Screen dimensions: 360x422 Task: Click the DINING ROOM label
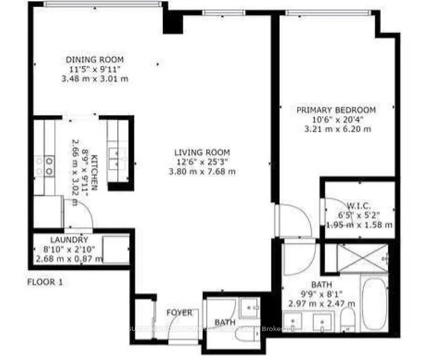(x=95, y=60)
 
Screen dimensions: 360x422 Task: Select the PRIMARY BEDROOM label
(x=336, y=110)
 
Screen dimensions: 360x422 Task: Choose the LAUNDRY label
(x=69, y=240)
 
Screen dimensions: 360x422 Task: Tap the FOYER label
(x=180, y=313)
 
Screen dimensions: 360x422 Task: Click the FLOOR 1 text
(x=45, y=282)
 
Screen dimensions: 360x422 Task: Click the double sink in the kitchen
(x=115, y=156)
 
